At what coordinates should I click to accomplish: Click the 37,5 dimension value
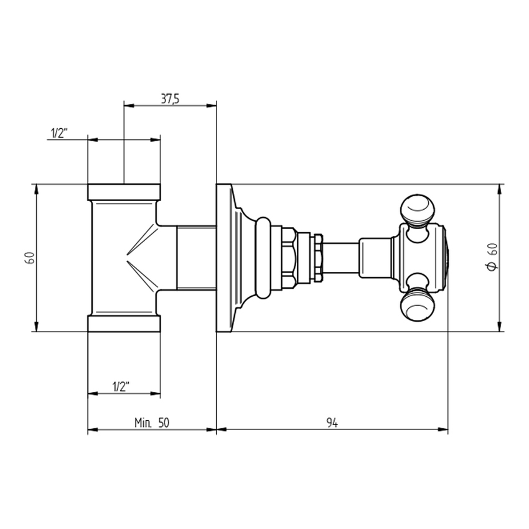pos(170,98)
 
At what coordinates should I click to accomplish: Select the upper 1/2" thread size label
pos(59,133)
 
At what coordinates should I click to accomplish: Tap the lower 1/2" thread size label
pos(120,386)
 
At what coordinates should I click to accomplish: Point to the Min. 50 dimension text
pos(152,423)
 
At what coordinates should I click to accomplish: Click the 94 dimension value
pos(332,423)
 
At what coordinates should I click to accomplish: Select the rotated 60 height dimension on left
pos(29,257)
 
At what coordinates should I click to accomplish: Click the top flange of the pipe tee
pos(124,192)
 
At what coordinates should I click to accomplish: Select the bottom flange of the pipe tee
pos(124,323)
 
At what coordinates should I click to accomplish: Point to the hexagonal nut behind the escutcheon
pos(288,257)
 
